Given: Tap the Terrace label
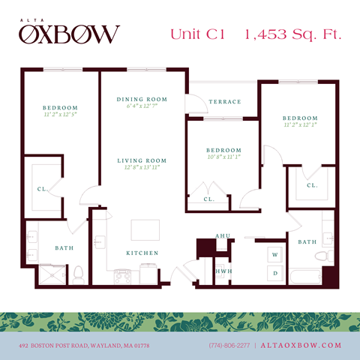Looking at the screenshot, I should (x=225, y=102).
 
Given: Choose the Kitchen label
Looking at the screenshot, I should (x=142, y=253).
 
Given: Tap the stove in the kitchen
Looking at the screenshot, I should (x=122, y=277).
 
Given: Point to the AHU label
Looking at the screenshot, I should (x=222, y=236).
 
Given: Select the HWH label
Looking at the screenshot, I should (x=222, y=271).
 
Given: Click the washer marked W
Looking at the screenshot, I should (x=274, y=255).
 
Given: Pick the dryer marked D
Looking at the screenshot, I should (x=274, y=273).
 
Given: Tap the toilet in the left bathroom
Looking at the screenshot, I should (x=77, y=273).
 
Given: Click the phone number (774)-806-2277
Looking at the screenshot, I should (x=229, y=345).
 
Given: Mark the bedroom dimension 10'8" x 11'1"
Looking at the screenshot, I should (x=224, y=157).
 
